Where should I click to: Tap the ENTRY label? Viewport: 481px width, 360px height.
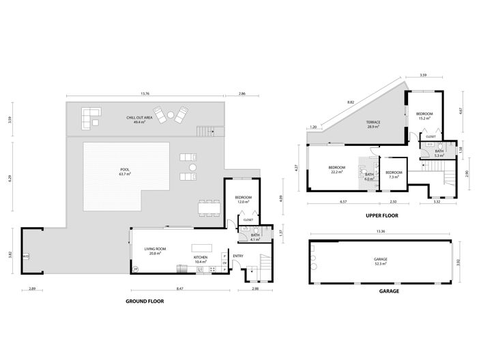point(237,256)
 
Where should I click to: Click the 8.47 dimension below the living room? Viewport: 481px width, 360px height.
point(179,290)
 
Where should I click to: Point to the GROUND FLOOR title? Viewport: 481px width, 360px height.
point(145,301)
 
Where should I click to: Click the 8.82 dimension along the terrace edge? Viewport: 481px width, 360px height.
point(351,102)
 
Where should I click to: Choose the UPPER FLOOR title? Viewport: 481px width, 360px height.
point(381,215)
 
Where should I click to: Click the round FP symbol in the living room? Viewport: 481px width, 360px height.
point(135,269)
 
